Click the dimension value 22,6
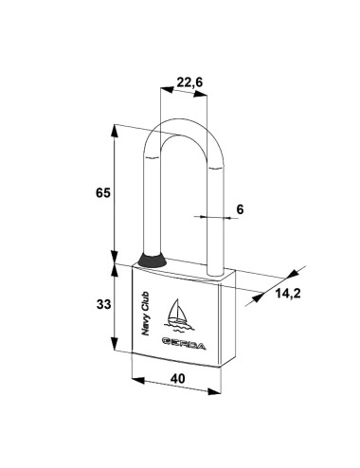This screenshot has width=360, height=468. click(x=189, y=82)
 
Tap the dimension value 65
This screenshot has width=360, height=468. click(x=103, y=192)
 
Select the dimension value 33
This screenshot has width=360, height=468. click(x=103, y=304)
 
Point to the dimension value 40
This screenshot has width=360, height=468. click(x=178, y=378)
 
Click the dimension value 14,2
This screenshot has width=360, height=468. click(x=288, y=294)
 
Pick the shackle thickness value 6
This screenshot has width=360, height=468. click(x=240, y=209)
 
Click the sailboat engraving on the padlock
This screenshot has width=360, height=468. click(x=178, y=315)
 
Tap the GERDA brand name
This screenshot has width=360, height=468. click(x=184, y=344)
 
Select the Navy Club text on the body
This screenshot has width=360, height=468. click(x=145, y=314)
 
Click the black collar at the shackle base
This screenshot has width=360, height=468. click(x=153, y=260)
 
